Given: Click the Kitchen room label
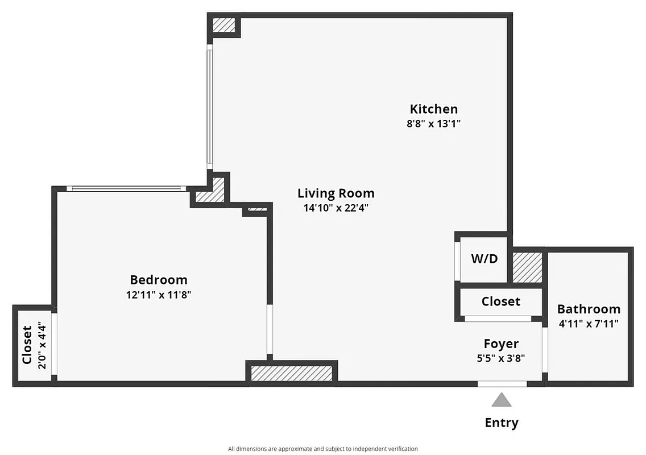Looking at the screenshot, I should tap(433, 109).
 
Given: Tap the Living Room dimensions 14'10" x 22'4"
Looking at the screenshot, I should tap(336, 208).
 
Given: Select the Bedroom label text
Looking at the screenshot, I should tap(158, 280).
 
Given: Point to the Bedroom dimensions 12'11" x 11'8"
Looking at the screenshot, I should tap(158, 295).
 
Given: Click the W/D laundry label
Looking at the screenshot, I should tap(484, 259).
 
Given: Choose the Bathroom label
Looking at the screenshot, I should tap(588, 309).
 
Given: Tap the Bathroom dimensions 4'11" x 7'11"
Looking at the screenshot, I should tap(588, 324).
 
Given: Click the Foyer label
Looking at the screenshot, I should tap(500, 344).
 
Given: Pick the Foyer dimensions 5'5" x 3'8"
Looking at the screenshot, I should tap(500, 358).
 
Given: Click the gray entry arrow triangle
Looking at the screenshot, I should tap(501, 400).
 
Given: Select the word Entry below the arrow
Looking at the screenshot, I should tap(501, 423).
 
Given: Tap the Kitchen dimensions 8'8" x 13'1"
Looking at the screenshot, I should tap(433, 123).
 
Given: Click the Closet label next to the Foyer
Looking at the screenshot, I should tap(500, 301).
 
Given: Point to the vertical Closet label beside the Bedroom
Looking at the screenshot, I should tap(27, 345).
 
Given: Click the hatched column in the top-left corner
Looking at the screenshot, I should tap(223, 25).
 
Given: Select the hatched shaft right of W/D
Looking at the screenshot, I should tap(527, 267).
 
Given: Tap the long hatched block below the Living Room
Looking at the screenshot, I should tap(291, 373).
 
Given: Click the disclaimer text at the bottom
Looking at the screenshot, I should tap(322, 449).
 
